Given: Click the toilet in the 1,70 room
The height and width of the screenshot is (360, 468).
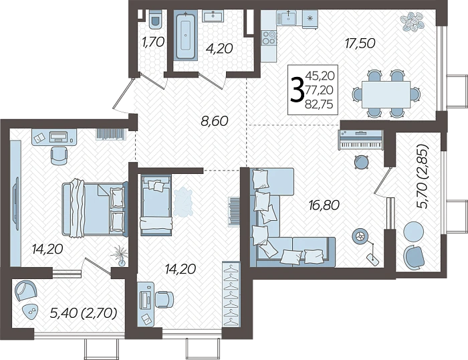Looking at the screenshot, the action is coord(154,19).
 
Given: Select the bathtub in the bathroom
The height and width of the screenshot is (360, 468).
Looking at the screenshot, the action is coord(186,35).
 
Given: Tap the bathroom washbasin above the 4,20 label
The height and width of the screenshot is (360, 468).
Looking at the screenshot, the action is coord(213,16).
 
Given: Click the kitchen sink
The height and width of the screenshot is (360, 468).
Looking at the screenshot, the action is coord(288,17).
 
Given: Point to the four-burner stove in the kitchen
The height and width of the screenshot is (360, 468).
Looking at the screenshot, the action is coord(269,37).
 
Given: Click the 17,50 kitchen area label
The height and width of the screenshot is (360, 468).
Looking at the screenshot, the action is coord(360,43).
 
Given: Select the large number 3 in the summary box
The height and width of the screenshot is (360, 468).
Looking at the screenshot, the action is coord(298,90).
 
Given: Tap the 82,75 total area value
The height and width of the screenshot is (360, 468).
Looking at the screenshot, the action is coord(319,104).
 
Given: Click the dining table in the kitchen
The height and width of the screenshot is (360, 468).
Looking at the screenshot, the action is coord(386,94).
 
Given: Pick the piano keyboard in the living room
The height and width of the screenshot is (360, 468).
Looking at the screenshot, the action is coord(360,140).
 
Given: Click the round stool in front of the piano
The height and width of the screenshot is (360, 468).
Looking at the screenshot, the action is coord(361,162).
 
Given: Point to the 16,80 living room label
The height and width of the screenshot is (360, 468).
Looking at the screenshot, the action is coord(324,205).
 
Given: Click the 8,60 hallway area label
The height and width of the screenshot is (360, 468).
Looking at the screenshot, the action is coord(215,121).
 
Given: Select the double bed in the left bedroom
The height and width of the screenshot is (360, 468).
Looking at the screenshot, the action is coord(95,208).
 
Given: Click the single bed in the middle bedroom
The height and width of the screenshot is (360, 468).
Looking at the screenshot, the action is coord(156,205).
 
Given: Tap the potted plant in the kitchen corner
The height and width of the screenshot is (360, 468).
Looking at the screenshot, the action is coord(413,21).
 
